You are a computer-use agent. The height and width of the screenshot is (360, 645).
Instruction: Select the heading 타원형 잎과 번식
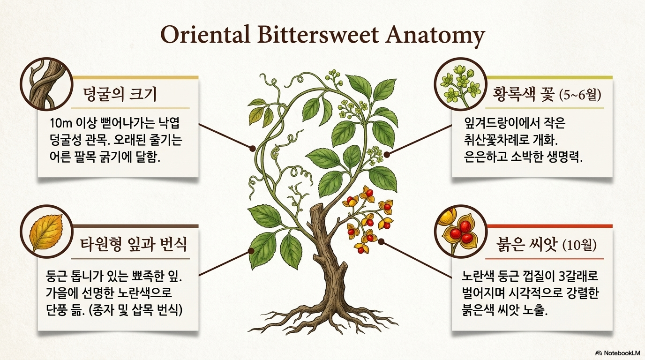133,245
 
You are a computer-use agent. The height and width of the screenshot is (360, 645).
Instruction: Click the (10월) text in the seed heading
579,245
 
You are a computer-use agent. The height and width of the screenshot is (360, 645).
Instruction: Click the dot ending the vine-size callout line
253,149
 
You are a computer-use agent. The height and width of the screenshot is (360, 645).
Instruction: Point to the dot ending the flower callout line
387,155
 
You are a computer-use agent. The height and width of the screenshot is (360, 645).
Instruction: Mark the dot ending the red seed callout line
381,241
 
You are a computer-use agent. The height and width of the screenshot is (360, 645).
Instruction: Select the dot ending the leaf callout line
251,251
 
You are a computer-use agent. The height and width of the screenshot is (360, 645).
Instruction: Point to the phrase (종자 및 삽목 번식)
135,310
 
